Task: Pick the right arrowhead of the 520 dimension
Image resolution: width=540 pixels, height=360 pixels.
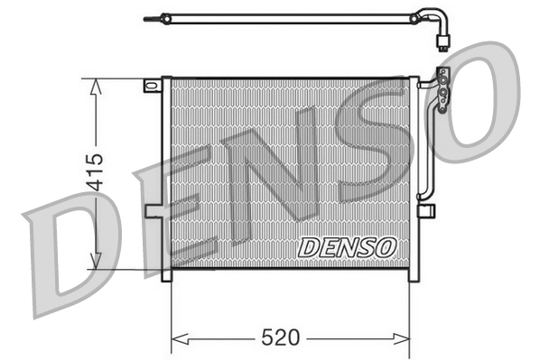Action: coord(407,338)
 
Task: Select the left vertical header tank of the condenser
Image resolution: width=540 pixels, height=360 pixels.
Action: coord(165,180)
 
